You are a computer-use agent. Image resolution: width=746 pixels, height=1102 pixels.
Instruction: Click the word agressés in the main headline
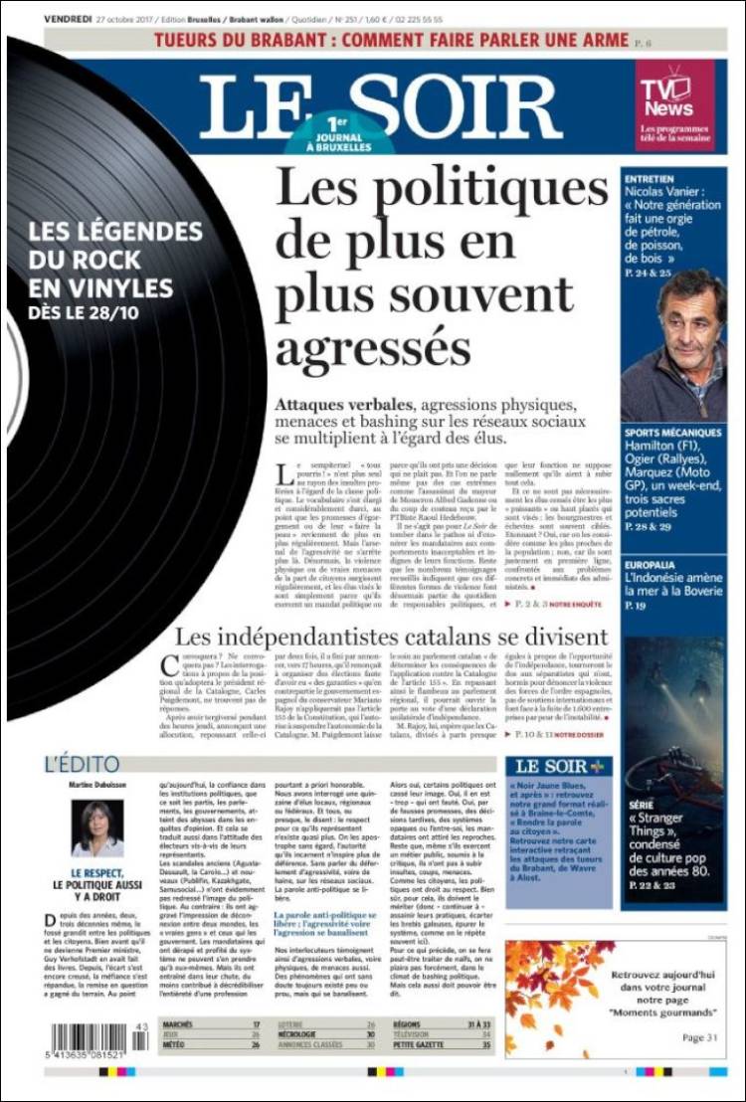(373, 344)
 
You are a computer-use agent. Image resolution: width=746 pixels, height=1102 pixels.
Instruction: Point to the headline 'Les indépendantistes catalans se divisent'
(391, 638)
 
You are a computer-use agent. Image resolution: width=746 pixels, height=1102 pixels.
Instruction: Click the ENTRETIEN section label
(649, 180)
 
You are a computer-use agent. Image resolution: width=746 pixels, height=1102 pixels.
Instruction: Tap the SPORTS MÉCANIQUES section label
(673, 433)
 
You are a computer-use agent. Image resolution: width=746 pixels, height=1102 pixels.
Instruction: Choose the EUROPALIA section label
(652, 564)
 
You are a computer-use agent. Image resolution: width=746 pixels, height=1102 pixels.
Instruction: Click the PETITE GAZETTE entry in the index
(423, 1045)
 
